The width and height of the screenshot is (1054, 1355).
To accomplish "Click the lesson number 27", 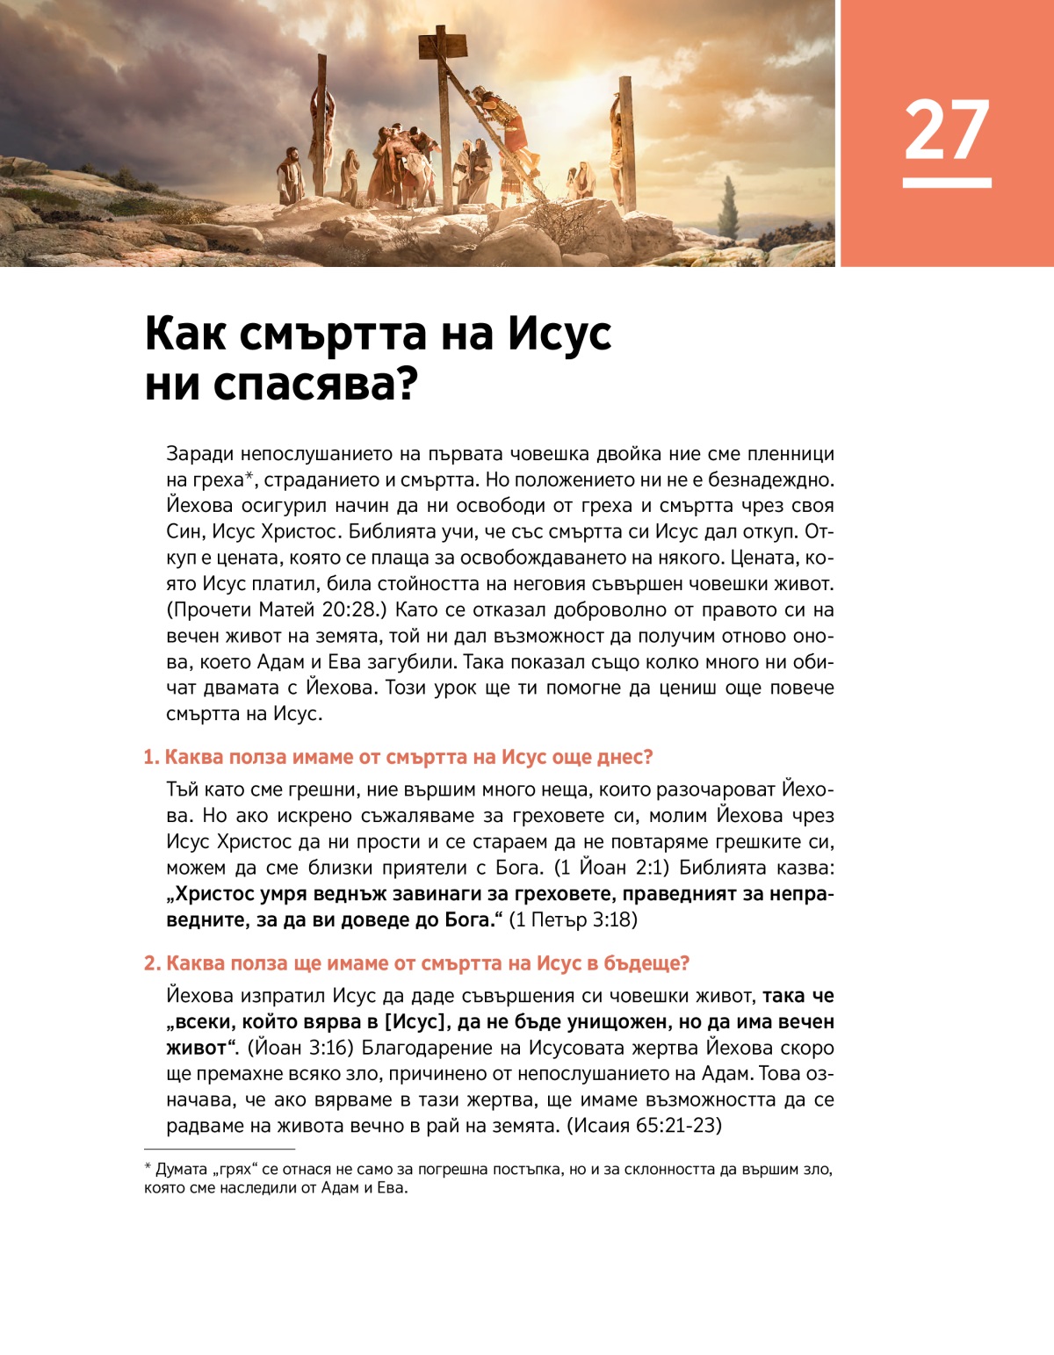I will [x=947, y=130].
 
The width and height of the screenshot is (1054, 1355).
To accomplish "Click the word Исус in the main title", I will [x=559, y=334].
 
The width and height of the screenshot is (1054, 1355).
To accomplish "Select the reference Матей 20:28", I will [x=317, y=610].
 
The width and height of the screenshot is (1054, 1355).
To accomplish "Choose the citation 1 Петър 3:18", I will [x=574, y=920].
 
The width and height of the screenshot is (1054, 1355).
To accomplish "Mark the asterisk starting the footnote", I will [x=148, y=1169].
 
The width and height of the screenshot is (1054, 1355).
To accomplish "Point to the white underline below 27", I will [x=947, y=183].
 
